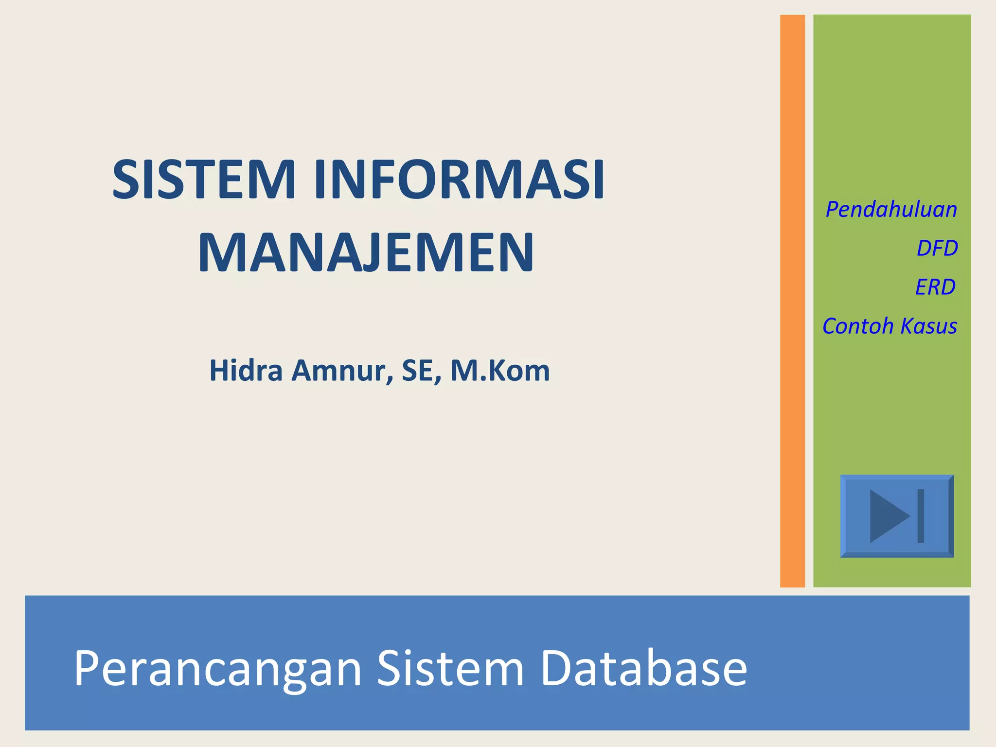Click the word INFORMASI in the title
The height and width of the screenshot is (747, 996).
pyautogui.click(x=459, y=179)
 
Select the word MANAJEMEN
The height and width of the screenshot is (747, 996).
pyautogui.click(x=366, y=253)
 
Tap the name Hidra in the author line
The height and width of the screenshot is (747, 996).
pyautogui.click(x=246, y=371)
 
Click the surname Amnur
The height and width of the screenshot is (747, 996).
pyautogui.click(x=342, y=371)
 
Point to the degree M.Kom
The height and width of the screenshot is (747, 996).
pyautogui.click(x=500, y=371)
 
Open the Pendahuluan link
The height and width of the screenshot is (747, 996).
pyautogui.click(x=891, y=210)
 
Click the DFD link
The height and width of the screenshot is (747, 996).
pyautogui.click(x=937, y=249)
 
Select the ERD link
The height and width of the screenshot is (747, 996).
pyautogui.click(x=935, y=287)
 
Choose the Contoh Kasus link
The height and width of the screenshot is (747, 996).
pyautogui.click(x=889, y=326)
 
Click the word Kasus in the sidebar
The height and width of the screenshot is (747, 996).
pyautogui.click(x=928, y=326)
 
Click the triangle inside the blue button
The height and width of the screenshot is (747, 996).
pyautogui.click(x=888, y=516)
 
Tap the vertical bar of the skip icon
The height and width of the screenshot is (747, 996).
pyautogui.click(x=921, y=516)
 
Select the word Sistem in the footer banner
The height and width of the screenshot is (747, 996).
pyautogui.click(x=450, y=669)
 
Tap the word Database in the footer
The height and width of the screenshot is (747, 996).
pyautogui.click(x=643, y=669)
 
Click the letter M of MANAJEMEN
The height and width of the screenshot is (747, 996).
pyautogui.click(x=220, y=253)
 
